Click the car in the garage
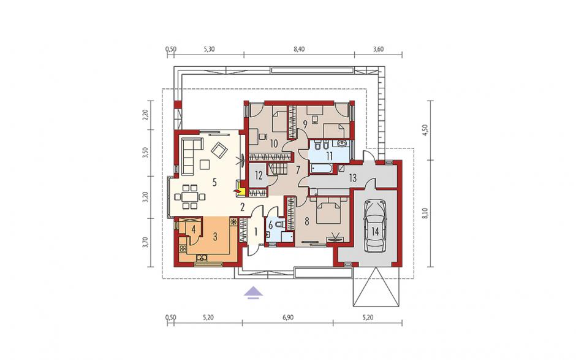tap(375, 226)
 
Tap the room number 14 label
tap(374, 231)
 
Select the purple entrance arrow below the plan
tap(254, 293)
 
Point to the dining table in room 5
tap(189, 197)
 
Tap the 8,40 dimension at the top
tap(299, 49)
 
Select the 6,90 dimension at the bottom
tap(288, 317)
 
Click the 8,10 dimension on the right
tap(426, 213)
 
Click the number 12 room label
tap(259, 175)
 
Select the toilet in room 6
tap(281, 224)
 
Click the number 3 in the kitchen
tap(215, 236)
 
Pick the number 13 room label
tap(353, 178)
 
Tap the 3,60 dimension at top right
tap(378, 49)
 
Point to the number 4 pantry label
tap(193, 228)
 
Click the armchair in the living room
tap(221, 150)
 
